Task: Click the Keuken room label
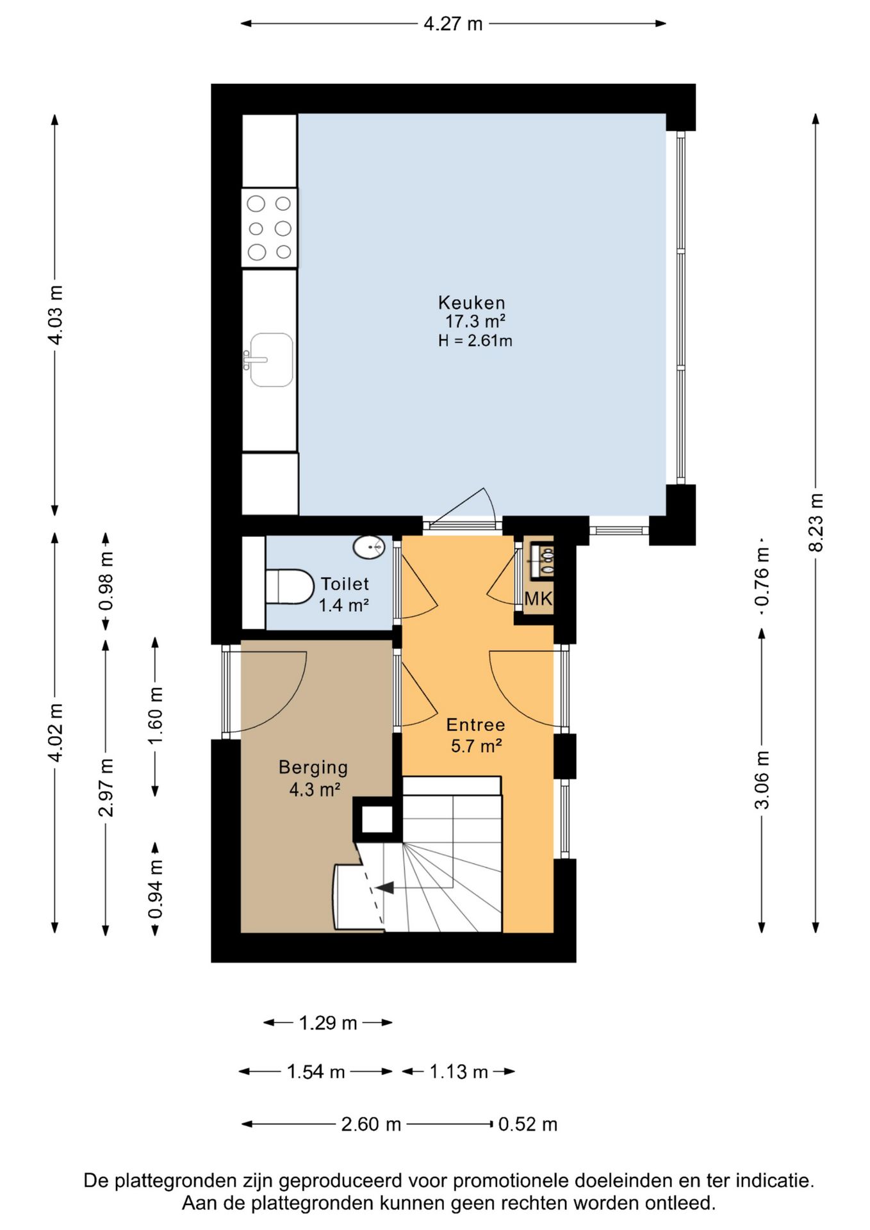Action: click(x=472, y=302)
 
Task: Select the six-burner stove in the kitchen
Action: click(x=269, y=227)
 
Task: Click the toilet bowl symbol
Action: click(x=289, y=586)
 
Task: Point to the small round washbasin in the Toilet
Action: click(x=370, y=547)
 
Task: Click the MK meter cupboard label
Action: click(x=538, y=598)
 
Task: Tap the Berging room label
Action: click(x=313, y=767)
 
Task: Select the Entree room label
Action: click(x=475, y=725)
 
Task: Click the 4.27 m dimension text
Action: click(x=453, y=24)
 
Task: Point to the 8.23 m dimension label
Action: click(x=816, y=522)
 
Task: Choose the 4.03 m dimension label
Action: click(x=55, y=315)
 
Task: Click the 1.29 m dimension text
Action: click(x=328, y=1022)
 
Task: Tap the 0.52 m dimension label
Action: click(x=528, y=1124)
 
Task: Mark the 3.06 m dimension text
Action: click(x=761, y=780)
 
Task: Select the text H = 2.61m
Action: click(x=475, y=340)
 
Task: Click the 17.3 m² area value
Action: click(x=475, y=321)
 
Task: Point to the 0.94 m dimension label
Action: click(x=156, y=889)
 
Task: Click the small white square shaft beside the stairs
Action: click(x=377, y=819)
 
